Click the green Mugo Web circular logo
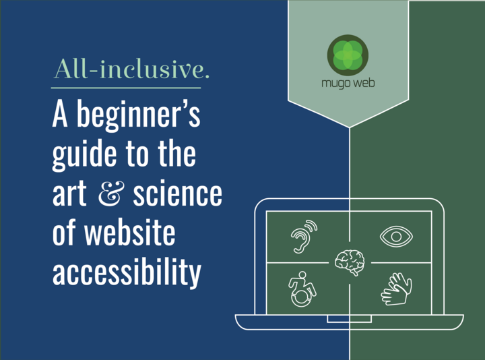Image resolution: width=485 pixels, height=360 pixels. point(348,55)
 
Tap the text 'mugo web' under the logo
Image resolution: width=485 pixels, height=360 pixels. point(348,84)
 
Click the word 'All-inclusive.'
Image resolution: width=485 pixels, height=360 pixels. point(131,69)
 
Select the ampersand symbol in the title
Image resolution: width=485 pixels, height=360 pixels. point(111,193)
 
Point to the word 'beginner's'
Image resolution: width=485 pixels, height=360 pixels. point(139,115)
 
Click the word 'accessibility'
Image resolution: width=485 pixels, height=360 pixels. point(127,272)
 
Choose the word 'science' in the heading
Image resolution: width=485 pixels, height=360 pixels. point(178,193)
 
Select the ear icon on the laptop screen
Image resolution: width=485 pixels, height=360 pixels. point(304,237)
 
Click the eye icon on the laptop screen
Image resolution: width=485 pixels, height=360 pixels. point(396,237)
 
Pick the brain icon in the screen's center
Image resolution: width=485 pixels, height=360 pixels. point(350,262)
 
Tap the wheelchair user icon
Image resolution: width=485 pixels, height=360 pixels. point(302,289)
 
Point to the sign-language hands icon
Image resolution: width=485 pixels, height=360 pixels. point(396,289)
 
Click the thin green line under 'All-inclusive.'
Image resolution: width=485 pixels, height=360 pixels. point(126,88)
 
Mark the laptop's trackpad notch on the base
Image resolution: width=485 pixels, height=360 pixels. point(349,319)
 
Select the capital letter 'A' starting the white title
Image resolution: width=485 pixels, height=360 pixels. point(60,114)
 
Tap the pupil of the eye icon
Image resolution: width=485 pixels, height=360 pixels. point(396,237)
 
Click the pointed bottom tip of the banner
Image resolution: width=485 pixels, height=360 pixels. point(349,127)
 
